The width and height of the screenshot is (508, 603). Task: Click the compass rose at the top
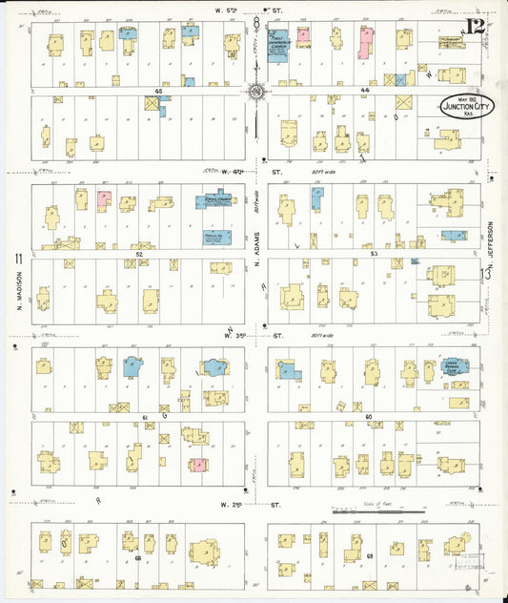[x=256, y=92]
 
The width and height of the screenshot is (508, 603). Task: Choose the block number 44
[x=364, y=91]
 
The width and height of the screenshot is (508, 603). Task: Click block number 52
[x=138, y=254]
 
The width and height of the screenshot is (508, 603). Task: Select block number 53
[x=374, y=254]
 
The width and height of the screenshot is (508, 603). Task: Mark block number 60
[x=368, y=417]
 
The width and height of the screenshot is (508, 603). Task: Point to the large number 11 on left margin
[x=17, y=259]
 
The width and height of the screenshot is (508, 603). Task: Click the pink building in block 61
[x=198, y=465]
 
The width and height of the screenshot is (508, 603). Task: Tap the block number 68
[x=138, y=556]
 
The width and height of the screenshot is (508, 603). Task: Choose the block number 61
[x=145, y=418]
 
